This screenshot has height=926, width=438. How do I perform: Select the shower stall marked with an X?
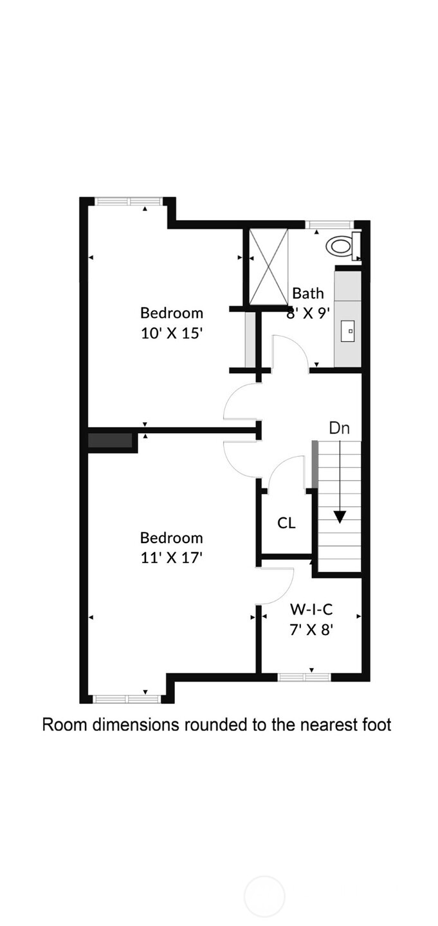[268, 266]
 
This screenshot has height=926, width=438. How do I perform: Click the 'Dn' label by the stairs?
[339, 428]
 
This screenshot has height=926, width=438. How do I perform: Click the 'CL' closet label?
[286, 523]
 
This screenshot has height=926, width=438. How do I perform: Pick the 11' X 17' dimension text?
[172, 558]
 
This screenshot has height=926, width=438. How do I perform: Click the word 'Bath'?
[308, 293]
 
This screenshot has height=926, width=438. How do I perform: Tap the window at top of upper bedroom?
[128, 201]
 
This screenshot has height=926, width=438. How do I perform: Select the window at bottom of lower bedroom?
[126, 699]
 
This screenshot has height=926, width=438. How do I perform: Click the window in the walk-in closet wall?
[304, 677]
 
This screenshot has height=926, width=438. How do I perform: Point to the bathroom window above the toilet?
[329, 225]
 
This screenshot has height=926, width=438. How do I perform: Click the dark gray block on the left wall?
[110, 441]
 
